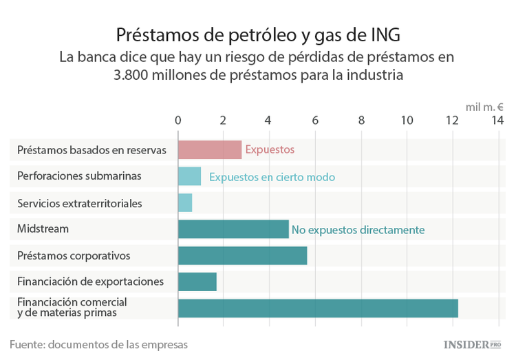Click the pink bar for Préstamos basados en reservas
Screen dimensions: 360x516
[x=210, y=149]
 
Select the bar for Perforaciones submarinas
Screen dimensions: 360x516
[x=189, y=176]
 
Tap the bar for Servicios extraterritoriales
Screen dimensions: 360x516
[x=185, y=202]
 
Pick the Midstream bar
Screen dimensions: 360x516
[x=233, y=229]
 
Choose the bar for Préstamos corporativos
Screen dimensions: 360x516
[x=242, y=255]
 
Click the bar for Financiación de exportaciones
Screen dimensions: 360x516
[x=197, y=282]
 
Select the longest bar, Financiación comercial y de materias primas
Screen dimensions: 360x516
[x=318, y=308]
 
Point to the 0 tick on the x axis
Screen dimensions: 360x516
[x=178, y=120]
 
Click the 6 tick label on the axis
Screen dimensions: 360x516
[x=315, y=120]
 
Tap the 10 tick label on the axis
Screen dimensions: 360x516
[x=407, y=120]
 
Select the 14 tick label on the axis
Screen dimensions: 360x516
[x=497, y=120]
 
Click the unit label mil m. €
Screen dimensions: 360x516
[x=484, y=107]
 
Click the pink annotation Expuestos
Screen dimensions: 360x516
[x=270, y=149]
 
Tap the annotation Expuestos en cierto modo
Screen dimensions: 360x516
[x=272, y=177]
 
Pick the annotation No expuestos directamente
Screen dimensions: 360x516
[x=358, y=229]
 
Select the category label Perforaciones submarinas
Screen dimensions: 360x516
[x=79, y=176]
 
